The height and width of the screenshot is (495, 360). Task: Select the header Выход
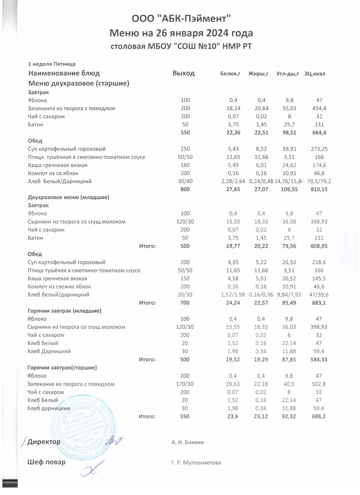(183, 73)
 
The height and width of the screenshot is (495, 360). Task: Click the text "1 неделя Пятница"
(51, 64)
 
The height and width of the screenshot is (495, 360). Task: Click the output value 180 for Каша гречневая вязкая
(185, 165)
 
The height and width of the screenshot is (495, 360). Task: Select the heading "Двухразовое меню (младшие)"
(68, 197)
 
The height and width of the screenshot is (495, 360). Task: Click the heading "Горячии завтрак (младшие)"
(64, 310)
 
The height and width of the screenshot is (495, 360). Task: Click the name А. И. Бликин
(187, 442)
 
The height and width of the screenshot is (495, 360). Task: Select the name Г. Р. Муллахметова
(196, 463)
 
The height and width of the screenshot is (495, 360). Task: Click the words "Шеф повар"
(46, 462)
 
